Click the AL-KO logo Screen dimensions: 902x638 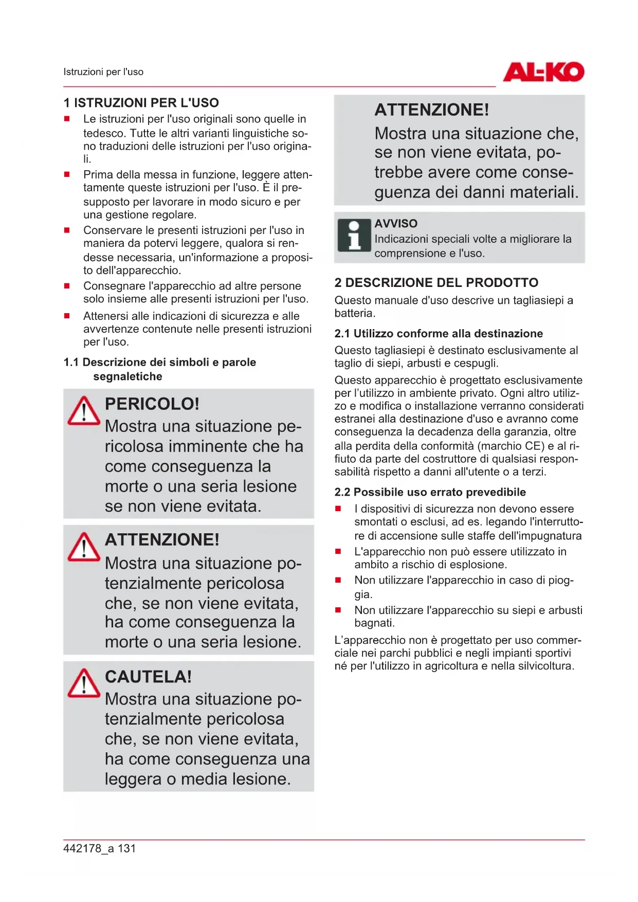[x=543, y=72]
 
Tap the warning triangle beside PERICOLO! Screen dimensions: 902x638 [x=84, y=411]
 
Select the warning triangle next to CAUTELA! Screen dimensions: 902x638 [x=84, y=683]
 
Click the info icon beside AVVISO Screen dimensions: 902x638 [x=354, y=236]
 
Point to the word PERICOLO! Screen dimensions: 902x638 [x=152, y=404]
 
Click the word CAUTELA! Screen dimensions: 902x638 [x=148, y=677]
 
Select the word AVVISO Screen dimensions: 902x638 [x=396, y=224]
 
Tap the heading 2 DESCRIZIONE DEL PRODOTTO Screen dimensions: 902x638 [x=436, y=283]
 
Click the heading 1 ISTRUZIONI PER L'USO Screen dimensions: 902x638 [x=141, y=103]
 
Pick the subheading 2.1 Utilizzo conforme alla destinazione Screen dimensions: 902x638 [x=439, y=334]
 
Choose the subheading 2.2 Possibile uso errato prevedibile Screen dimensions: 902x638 [x=430, y=492]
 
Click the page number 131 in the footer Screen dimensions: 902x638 [x=126, y=849]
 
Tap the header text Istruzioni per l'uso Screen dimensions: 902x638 [x=103, y=72]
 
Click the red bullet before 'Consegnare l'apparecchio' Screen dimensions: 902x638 [x=67, y=286]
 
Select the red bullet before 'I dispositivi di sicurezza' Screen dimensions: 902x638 [x=338, y=509]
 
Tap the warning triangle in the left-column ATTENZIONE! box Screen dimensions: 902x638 [x=84, y=547]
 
